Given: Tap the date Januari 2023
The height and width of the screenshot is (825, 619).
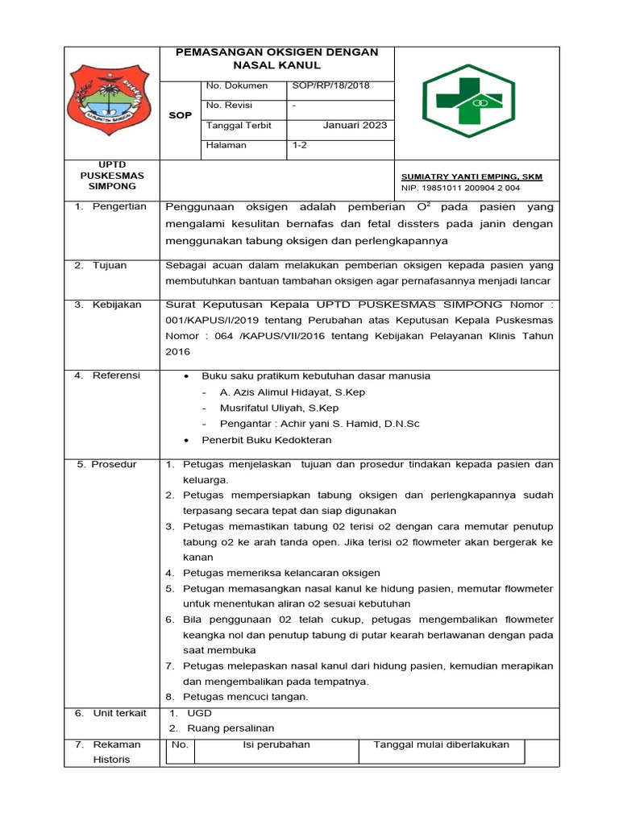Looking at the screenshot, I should [x=355, y=125].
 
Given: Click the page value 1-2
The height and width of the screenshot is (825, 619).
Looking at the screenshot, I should [x=300, y=146].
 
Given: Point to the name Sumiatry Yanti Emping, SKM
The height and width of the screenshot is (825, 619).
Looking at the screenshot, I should [x=472, y=176].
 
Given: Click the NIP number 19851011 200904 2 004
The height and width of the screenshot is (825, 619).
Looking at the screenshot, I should [x=460, y=188].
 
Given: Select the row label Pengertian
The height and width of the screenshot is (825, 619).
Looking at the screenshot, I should [x=119, y=206].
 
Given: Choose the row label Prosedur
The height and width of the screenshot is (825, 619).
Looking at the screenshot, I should [x=114, y=464].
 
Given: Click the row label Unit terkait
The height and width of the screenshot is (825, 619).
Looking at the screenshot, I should [x=119, y=713].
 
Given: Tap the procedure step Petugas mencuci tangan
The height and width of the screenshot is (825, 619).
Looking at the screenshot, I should [x=245, y=697].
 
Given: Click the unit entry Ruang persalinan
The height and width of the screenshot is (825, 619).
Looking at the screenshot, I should [x=231, y=728].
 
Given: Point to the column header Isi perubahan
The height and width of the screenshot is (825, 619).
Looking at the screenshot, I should [x=276, y=744].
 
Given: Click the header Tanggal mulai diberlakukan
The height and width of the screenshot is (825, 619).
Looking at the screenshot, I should [x=441, y=744].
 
